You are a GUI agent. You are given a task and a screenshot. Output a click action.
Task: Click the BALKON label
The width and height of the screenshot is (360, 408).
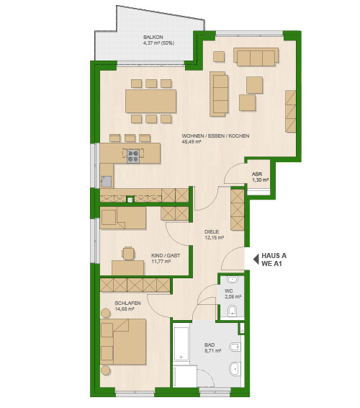(153, 37)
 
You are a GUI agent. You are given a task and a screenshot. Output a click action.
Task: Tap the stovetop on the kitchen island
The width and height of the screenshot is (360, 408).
(133, 156)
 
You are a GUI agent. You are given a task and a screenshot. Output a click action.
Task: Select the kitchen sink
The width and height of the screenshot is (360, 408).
(107, 182)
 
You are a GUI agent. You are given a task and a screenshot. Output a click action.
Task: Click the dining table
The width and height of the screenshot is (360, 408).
(150, 101)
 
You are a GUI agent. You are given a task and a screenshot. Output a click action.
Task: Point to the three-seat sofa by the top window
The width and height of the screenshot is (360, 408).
(256, 57)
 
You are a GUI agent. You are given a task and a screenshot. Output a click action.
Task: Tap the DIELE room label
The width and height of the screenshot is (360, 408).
(212, 231)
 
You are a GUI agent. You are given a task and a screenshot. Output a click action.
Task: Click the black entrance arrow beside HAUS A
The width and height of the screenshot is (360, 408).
(256, 260)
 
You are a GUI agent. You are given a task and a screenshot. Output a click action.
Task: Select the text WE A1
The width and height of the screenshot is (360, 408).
(271, 264)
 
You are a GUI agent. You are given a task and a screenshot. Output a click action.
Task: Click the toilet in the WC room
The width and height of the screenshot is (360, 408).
(232, 311)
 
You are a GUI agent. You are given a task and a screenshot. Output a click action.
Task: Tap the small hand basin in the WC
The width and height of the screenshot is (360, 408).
(232, 280)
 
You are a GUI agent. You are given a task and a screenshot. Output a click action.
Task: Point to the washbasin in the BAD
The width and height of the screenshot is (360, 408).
(235, 368)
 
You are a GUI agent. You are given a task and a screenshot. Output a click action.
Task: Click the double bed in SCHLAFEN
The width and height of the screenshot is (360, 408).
(123, 342)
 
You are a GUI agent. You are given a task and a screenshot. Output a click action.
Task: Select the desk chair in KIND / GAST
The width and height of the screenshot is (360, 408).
(128, 253)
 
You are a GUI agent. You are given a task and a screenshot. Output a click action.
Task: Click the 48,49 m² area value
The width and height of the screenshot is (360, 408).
(192, 142)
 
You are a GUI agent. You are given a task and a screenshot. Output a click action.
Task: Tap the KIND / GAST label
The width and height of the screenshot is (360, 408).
(166, 255)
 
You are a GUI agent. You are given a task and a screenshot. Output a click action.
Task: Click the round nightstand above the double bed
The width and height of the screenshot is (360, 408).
(106, 313)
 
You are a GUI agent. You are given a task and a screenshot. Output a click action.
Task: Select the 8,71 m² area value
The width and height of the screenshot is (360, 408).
(212, 350)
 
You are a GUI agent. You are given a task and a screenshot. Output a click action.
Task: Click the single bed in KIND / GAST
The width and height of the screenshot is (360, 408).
(123, 218)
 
